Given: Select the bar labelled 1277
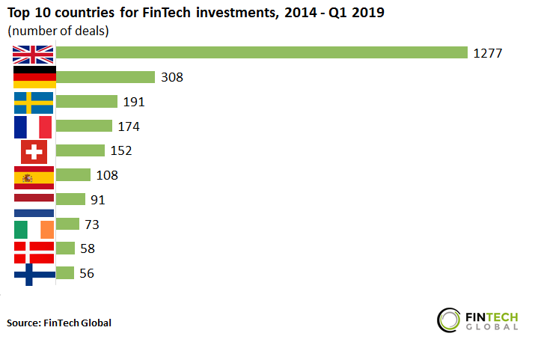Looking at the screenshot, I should point(261,52).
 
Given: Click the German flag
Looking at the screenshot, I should point(34,77).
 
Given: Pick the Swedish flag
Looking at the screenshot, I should point(34,102).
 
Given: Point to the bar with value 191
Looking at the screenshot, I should point(87,102).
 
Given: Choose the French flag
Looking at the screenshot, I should point(34,126).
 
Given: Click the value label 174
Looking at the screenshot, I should point(128,126).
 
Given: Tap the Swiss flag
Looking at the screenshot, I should point(34,151).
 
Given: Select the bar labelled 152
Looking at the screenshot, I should point(80,150).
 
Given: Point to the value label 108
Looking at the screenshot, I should point(107,175).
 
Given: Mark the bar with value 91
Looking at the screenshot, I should point(70,199).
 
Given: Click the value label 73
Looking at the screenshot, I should point(92,225).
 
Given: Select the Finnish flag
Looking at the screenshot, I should point(34,275).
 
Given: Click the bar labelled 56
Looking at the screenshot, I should point(65,273).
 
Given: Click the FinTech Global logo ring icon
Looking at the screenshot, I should point(450,318).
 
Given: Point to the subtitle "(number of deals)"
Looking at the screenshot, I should point(58,31).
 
